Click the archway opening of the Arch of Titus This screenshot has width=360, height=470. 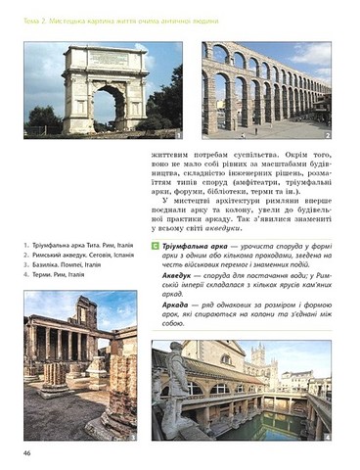pyautogui.click(x=111, y=107)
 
